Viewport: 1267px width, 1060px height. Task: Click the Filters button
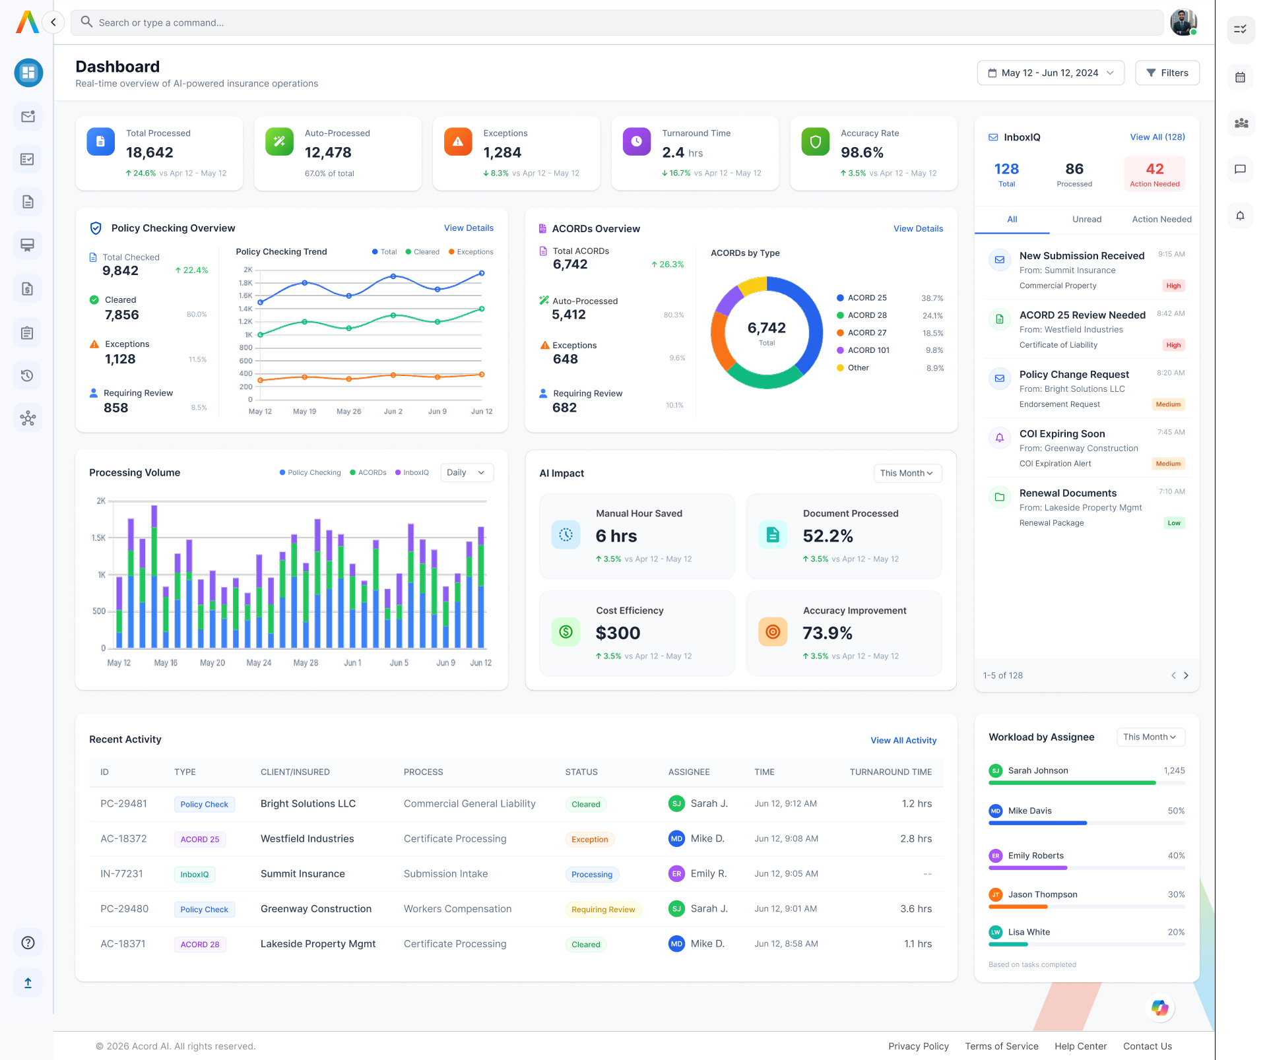tap(1167, 73)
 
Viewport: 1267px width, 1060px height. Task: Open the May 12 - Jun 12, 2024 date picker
tap(1050, 73)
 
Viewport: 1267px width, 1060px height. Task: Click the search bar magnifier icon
tap(86, 22)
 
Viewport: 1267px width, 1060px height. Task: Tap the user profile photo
tap(1183, 22)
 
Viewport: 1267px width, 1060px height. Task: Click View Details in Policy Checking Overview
tap(469, 228)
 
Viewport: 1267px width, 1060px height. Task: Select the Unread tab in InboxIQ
tap(1086, 219)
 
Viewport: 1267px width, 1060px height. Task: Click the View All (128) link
tap(1157, 137)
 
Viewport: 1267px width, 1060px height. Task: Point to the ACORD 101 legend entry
tap(868, 350)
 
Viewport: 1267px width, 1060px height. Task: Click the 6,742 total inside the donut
tap(766, 328)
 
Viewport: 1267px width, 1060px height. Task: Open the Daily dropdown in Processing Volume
tap(467, 472)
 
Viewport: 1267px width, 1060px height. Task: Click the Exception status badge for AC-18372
tap(589, 839)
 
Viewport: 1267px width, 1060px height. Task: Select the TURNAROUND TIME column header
tap(890, 772)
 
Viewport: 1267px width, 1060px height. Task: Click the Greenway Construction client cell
tap(315, 908)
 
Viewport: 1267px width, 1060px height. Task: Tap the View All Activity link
tap(903, 740)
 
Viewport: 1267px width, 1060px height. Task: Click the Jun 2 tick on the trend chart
tap(393, 411)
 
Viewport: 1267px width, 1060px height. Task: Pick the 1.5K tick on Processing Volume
tap(99, 538)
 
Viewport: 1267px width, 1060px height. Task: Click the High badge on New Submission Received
tap(1173, 286)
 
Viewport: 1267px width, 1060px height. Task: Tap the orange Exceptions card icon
tap(457, 141)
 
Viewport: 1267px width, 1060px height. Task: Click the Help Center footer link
tap(1080, 1046)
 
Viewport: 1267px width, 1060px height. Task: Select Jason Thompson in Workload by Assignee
tap(1042, 894)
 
